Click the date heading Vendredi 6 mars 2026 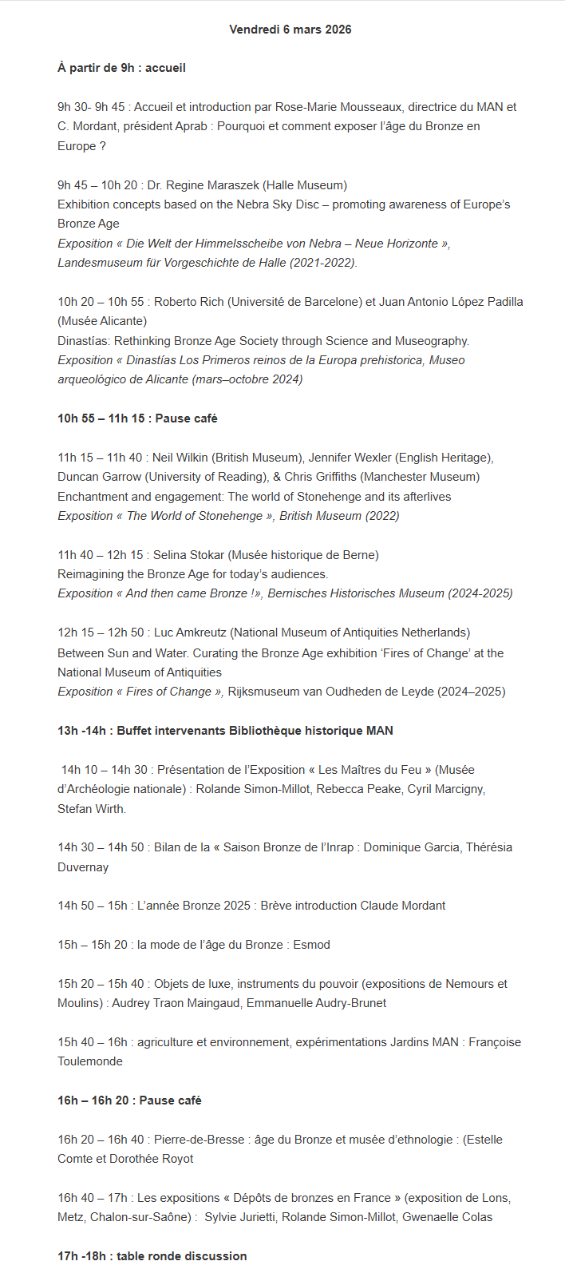tap(290, 30)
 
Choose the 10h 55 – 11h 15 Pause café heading tap(137, 418)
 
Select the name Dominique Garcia tap(411, 847)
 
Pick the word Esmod tap(311, 945)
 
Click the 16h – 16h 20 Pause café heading tap(129, 1100)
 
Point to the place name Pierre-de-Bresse tap(200, 1140)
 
